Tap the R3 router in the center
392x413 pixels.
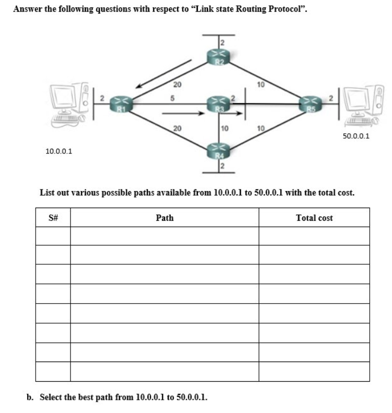pyautogui.click(x=217, y=103)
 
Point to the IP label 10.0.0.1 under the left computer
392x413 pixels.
pyautogui.click(x=59, y=151)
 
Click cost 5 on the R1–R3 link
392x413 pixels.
pyautogui.click(x=172, y=97)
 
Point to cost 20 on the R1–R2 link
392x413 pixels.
pyautogui.click(x=177, y=84)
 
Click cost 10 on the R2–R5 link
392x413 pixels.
pyautogui.click(x=260, y=84)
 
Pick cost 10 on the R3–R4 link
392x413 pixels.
pyautogui.click(x=224, y=128)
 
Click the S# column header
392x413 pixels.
pyautogui.click(x=53, y=218)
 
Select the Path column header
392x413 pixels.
pyautogui.click(x=164, y=218)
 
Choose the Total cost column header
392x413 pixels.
pyautogui.click(x=314, y=218)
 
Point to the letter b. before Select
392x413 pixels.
pyautogui.click(x=30, y=397)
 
